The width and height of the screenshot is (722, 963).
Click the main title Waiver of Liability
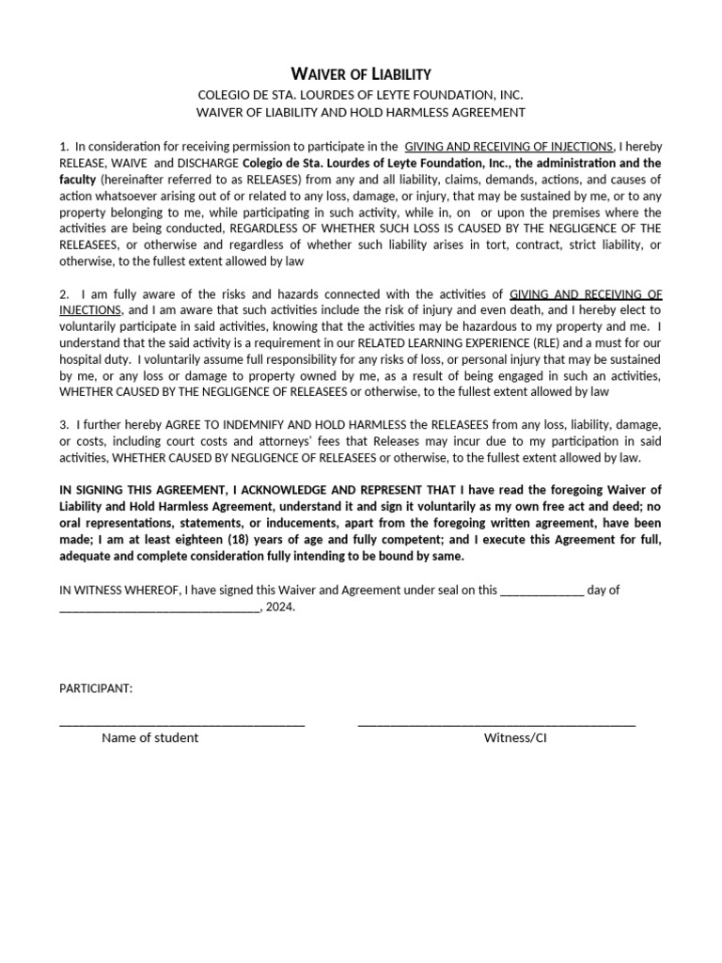click(360, 73)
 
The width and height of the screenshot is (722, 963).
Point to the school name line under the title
click(360, 95)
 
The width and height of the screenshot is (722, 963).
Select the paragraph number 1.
click(63, 147)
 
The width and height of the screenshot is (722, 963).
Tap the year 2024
click(279, 607)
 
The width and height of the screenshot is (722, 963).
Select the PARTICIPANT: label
click(96, 688)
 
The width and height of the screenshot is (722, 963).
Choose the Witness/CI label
click(515, 738)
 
